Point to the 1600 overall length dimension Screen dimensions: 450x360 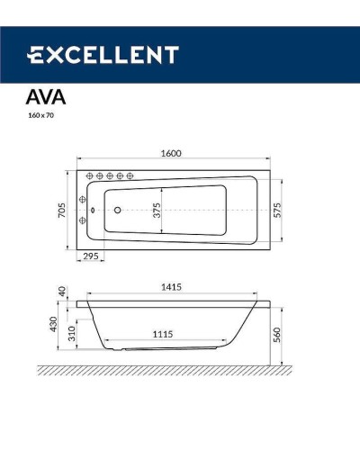171,153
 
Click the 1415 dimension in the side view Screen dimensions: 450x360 173,287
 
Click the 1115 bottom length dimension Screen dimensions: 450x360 162,334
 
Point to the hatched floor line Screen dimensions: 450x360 171,369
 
